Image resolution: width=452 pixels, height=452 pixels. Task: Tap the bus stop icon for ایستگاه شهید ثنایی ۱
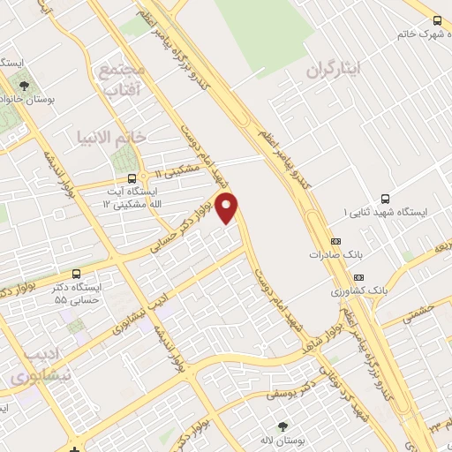tap(384, 199)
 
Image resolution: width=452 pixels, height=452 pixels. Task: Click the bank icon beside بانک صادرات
tap(335, 240)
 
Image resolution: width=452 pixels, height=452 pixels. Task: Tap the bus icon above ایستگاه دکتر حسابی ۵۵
tap(76, 274)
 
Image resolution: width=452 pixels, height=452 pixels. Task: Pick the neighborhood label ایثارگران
tap(335, 69)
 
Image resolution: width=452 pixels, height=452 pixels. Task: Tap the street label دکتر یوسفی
tap(295, 388)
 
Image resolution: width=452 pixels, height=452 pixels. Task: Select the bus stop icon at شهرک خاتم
tap(437, 20)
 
